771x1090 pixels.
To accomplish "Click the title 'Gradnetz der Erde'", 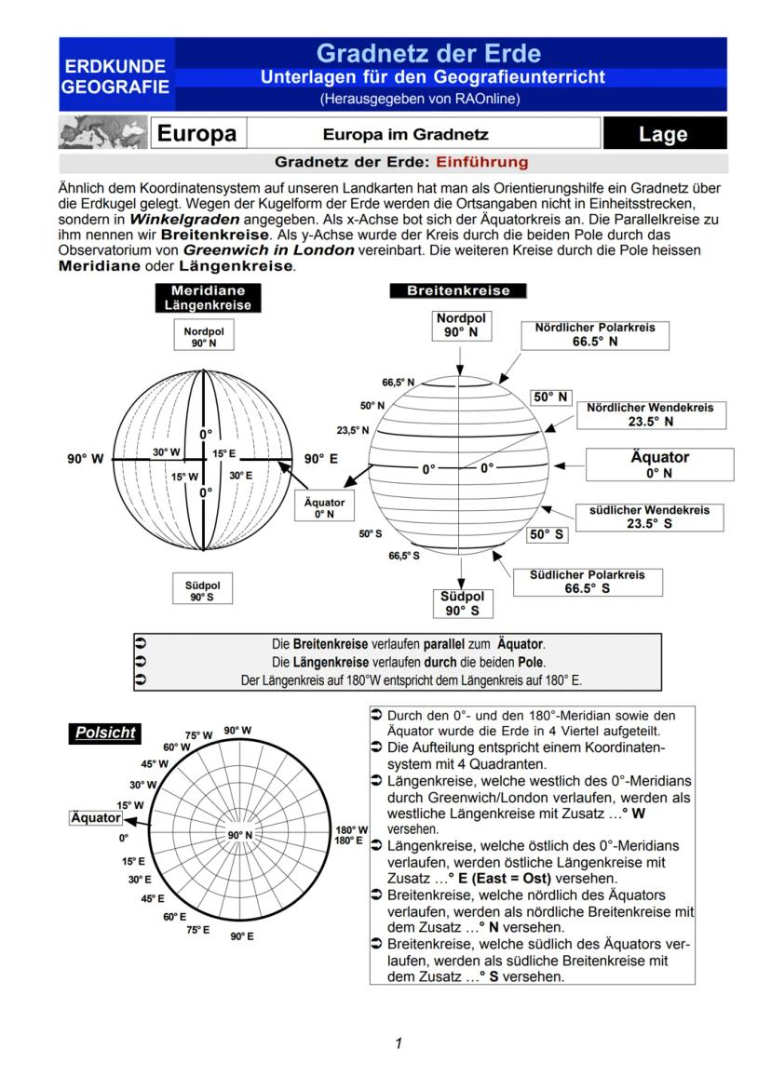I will pos(427,53).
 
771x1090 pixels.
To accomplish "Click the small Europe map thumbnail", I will pos(101,133).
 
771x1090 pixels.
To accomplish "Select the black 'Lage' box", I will pos(663,134).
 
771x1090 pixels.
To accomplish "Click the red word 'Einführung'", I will pos(481,162).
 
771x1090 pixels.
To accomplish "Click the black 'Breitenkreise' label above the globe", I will pos(458,290).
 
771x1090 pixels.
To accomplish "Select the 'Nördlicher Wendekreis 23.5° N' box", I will pos(650,414).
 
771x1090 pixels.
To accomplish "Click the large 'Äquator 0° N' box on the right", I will pos(659,464).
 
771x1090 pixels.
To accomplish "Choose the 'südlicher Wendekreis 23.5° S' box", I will pos(649,517).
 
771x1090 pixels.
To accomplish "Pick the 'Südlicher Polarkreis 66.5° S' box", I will pos(587,582).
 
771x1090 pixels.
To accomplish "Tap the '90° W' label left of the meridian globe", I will pos(85,459).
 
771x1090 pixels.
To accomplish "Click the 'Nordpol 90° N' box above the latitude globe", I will pos(462,325).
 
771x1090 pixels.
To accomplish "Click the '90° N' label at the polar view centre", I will pos(241,835).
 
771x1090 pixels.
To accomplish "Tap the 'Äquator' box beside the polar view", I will pos(96,817).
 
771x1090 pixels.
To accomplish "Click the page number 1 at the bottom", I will pos(398,1043).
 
